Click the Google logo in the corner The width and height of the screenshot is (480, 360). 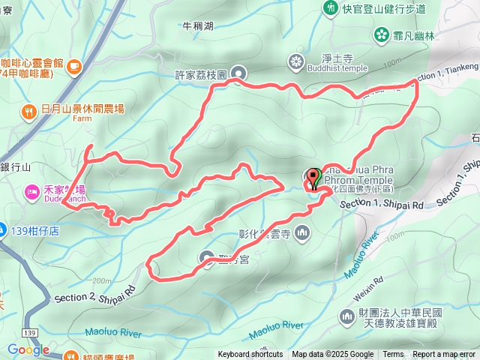pos(28,350)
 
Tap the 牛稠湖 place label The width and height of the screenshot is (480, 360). pos(198,26)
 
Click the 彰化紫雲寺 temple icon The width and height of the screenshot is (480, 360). pos(302,232)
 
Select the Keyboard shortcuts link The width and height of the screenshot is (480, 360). pos(250,355)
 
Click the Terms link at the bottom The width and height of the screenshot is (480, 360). pos(393,355)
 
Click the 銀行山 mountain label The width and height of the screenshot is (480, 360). pos(15,167)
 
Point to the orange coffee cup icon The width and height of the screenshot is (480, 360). pos(73,67)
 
